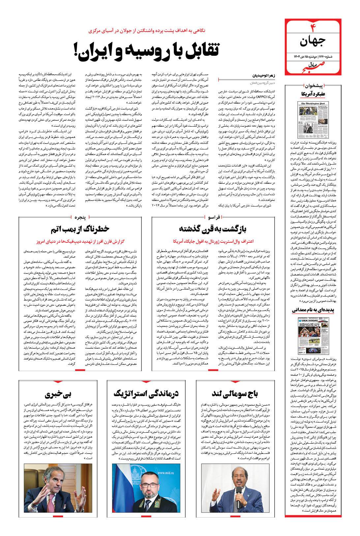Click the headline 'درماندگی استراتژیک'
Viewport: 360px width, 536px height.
pos(146,393)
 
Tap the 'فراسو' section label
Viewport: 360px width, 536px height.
pos(213,216)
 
